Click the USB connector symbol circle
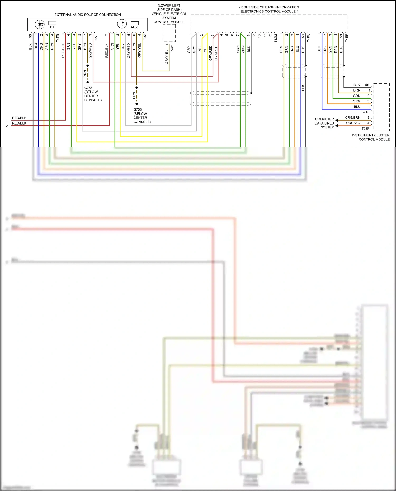[x=40, y=25]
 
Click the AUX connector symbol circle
[x=122, y=24]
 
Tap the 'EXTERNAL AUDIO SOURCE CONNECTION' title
[x=88, y=15]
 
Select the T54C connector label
[x=172, y=49]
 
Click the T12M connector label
[x=276, y=38]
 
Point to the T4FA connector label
[x=308, y=38]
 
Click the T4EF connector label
[x=347, y=38]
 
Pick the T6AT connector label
[x=96, y=38]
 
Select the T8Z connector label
[x=145, y=37]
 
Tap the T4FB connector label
[x=58, y=38]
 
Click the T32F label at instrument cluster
[x=365, y=128]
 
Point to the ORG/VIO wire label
[x=353, y=123]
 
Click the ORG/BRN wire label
[x=352, y=117]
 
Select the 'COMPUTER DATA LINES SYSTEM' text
[x=324, y=123]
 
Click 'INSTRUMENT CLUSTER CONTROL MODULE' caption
[x=371, y=137]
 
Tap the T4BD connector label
[x=365, y=112]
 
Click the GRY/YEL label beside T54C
[x=167, y=57]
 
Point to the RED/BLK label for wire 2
[x=19, y=123]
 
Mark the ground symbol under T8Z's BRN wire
[x=136, y=105]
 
